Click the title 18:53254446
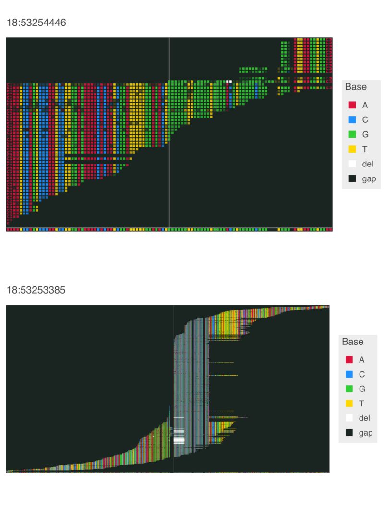point(36,23)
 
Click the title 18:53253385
point(36,290)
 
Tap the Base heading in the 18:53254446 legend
point(356,87)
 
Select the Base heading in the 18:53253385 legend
point(353,342)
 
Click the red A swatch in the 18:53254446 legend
point(352,105)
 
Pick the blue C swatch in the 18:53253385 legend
point(349,374)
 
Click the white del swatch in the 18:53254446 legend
point(352,164)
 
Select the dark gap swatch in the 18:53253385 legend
point(349,433)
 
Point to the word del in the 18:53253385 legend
point(364,418)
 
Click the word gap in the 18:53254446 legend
point(369,179)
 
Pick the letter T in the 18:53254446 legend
point(365,149)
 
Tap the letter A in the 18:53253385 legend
point(361,360)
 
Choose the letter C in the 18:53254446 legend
point(365,120)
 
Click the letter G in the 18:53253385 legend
point(361,389)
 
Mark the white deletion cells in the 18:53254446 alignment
point(229,82)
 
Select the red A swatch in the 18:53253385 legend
point(349,360)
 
